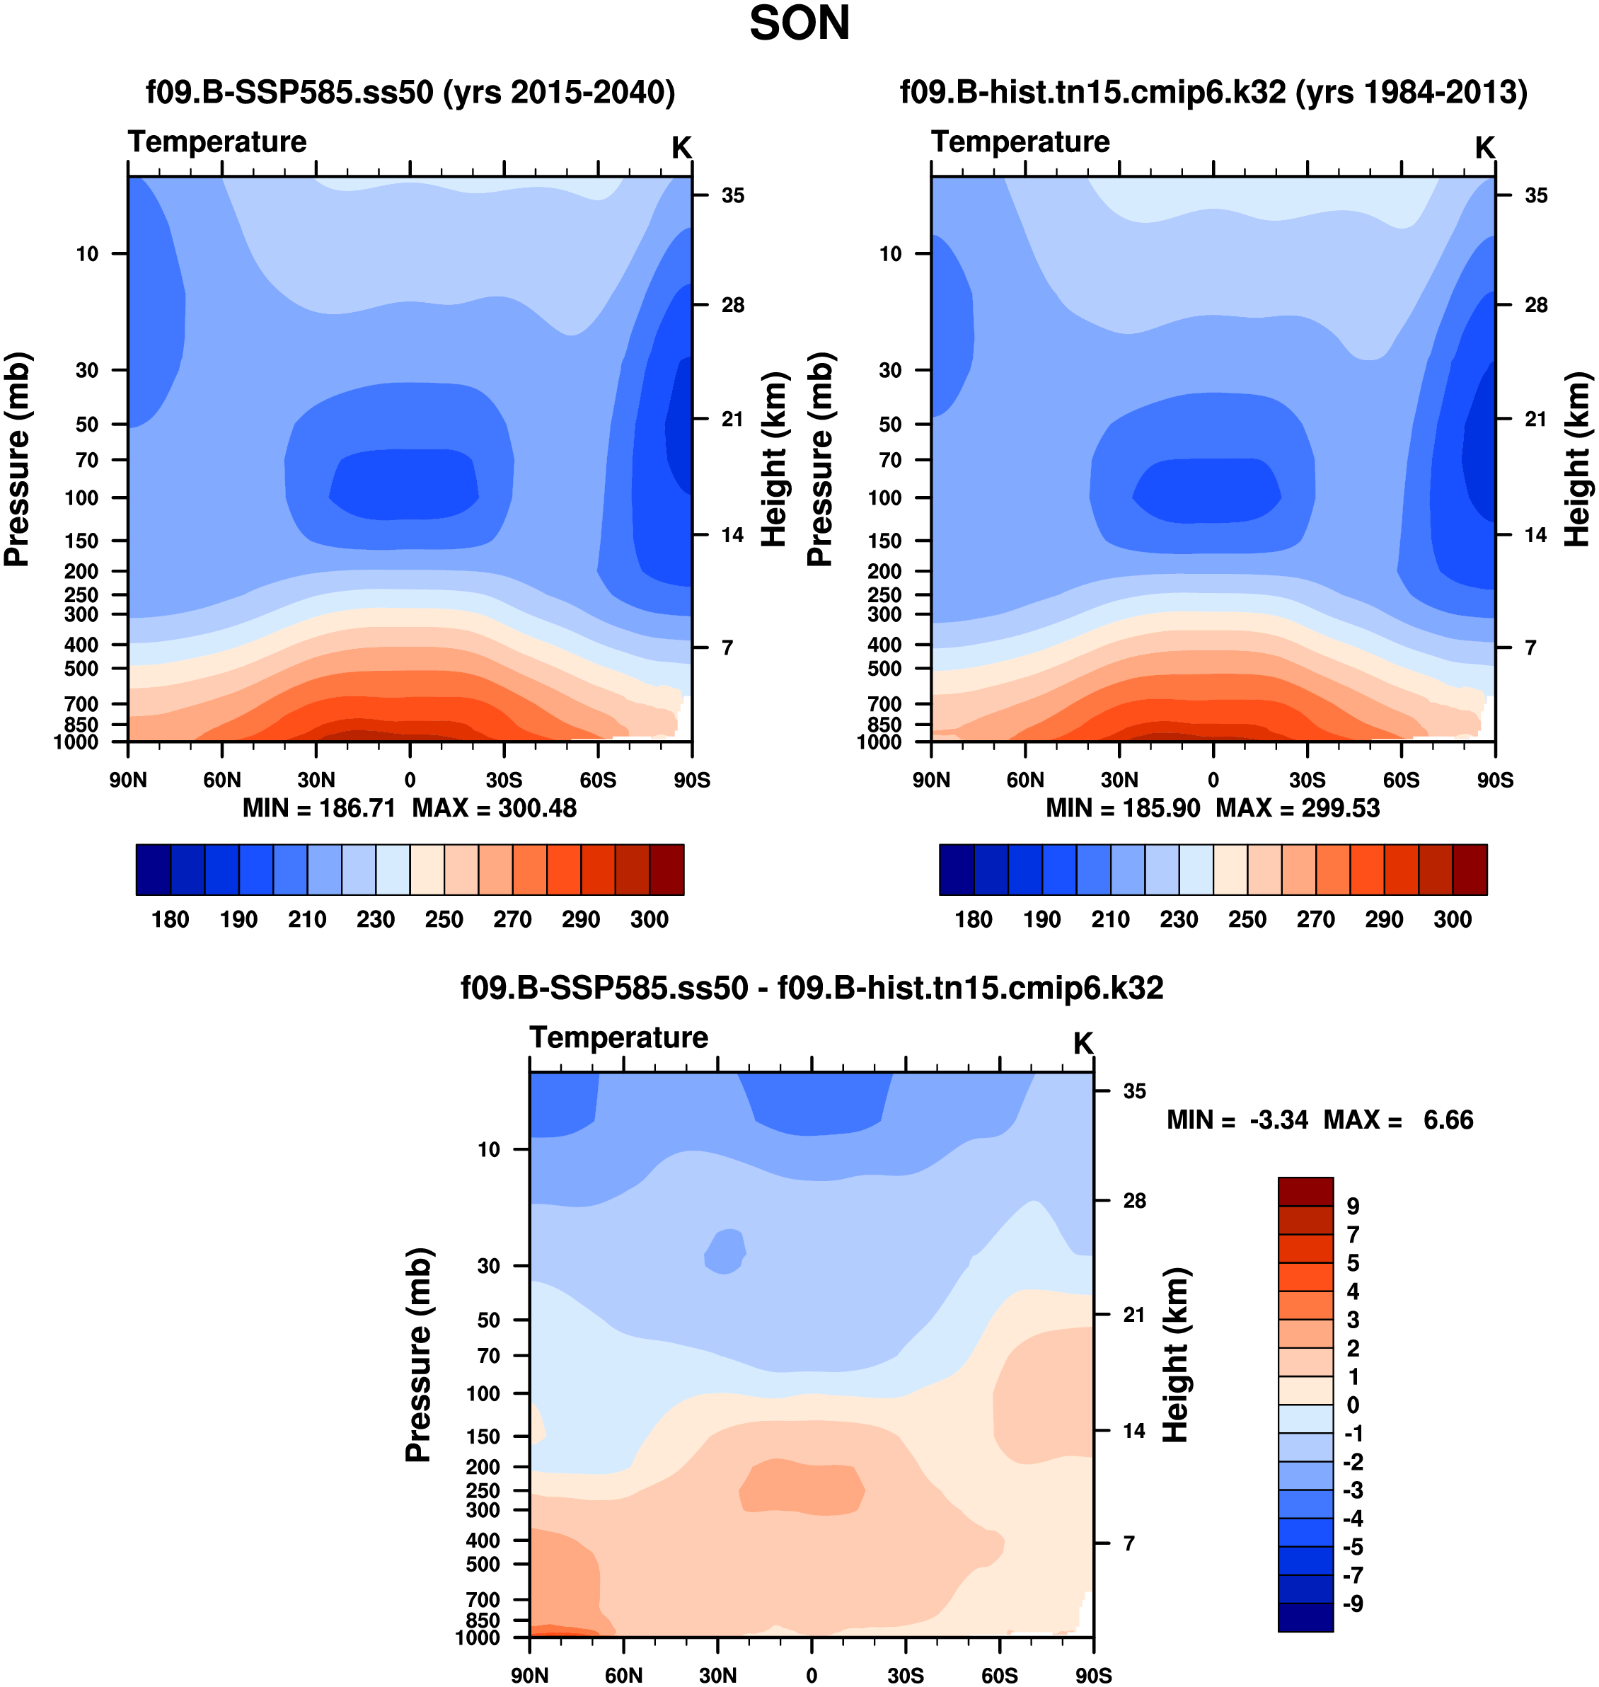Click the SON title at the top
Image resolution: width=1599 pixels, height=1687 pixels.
[x=799, y=24]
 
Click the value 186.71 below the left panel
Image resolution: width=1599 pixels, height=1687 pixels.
[x=357, y=807]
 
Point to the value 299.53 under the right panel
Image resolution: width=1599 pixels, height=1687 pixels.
[x=1340, y=807]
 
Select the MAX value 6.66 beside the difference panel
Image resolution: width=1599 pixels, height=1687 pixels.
[x=1448, y=1119]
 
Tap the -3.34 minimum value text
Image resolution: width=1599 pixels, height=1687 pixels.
[x=1278, y=1119]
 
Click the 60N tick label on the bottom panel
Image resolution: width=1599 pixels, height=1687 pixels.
[x=623, y=1675]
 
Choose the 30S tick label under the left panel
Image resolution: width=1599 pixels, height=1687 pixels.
[x=504, y=780]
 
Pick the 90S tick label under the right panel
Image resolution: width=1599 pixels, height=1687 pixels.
[x=1495, y=780]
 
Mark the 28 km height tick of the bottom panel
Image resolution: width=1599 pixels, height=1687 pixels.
[x=1133, y=1201]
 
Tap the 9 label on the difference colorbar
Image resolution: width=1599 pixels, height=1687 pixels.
[x=1353, y=1207]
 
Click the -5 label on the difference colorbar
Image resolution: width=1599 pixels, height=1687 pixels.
[x=1353, y=1547]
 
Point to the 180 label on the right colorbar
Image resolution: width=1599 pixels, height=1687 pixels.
[x=974, y=919]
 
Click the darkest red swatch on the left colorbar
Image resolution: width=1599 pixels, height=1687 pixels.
[x=666, y=870]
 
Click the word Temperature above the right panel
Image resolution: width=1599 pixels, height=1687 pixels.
[x=1020, y=142]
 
